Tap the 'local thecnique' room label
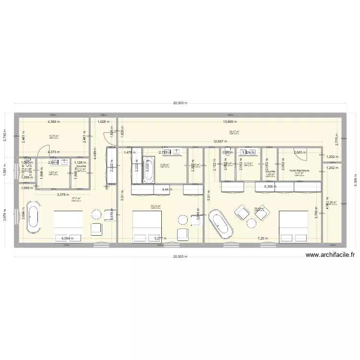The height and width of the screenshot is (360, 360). pyautogui.click(x=300, y=170)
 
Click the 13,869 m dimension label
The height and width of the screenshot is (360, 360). pyautogui.click(x=232, y=122)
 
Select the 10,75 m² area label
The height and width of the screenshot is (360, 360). pyautogui.click(x=53, y=136)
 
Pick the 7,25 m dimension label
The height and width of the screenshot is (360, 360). pyautogui.click(x=263, y=238)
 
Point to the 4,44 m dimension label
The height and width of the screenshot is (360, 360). pyautogui.click(x=166, y=190)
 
